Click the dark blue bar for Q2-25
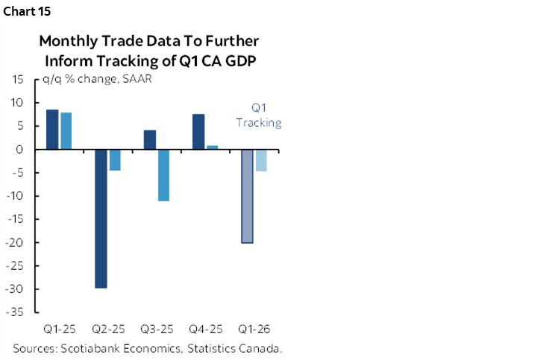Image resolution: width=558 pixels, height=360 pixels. [x=101, y=218]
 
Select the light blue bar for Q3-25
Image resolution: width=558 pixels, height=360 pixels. [x=163, y=175]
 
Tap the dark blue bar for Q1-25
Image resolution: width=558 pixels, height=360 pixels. [x=52, y=130]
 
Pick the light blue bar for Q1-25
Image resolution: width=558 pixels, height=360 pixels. [x=66, y=131]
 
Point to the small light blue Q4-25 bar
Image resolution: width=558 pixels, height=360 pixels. [x=212, y=148]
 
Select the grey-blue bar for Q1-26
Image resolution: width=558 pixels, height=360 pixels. [x=247, y=196]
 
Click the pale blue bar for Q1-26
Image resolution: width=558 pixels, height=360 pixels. [x=260, y=160]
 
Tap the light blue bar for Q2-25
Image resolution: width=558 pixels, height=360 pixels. [x=115, y=160]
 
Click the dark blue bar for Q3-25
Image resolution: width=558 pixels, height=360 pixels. [x=149, y=140]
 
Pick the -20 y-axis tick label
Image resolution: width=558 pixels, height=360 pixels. [x=19, y=243]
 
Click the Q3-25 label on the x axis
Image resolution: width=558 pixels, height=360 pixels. [x=156, y=329]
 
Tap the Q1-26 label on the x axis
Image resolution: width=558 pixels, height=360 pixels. [x=254, y=329]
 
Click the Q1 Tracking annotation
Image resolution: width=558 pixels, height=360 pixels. [x=259, y=115]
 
